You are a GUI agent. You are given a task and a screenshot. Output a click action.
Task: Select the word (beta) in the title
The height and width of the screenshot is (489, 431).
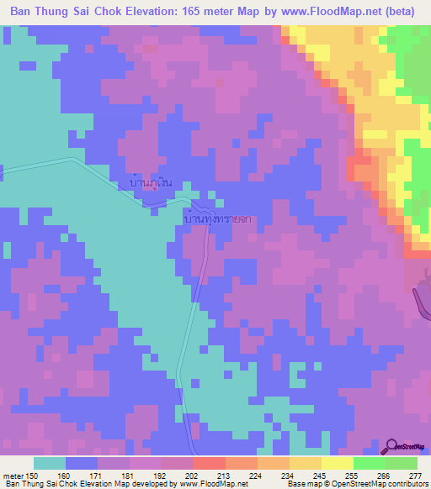[x=407, y=12]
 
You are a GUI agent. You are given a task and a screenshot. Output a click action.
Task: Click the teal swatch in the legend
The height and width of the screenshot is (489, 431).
[x=50, y=463]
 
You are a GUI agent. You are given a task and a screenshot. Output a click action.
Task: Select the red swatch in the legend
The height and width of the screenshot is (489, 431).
[x=210, y=463]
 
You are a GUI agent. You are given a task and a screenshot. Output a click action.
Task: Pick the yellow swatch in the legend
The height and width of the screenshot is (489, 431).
[x=338, y=463]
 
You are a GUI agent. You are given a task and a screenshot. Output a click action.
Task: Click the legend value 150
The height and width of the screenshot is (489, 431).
[x=32, y=476]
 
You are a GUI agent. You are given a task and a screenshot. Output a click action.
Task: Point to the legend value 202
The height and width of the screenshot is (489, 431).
[x=193, y=476]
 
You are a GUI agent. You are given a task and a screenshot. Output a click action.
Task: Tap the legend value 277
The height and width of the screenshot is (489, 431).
[x=417, y=476]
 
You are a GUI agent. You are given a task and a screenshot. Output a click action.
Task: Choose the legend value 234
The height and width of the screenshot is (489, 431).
[x=289, y=476]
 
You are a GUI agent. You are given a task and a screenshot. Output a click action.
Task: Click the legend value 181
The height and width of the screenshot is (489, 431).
[x=129, y=476]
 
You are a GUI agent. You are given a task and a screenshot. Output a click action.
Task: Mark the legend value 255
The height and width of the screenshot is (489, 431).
[x=353, y=476]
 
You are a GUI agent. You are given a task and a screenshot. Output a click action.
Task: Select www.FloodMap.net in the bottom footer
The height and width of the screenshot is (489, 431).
[x=214, y=484]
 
